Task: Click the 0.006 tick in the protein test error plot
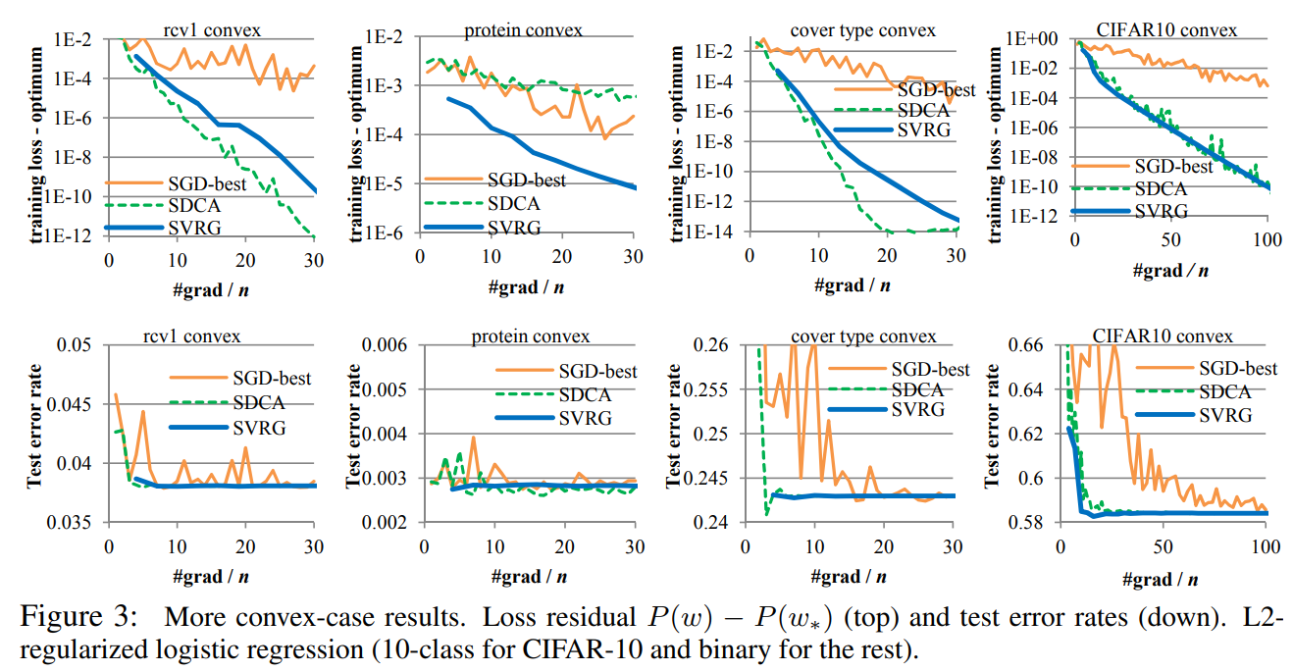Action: [391, 344]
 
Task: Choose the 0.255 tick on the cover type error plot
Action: [715, 389]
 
